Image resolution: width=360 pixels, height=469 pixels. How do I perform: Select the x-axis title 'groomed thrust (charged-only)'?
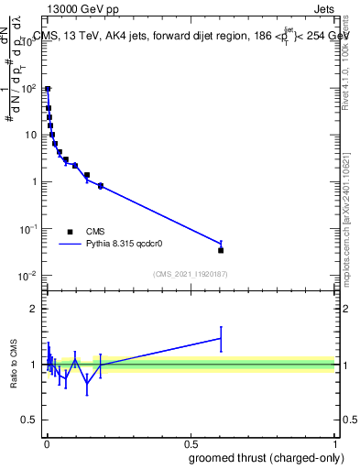tap(265, 458)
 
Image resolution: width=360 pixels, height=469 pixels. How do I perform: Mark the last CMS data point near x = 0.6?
tap(221, 250)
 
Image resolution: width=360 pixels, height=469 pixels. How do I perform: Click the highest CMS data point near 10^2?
tap(48, 90)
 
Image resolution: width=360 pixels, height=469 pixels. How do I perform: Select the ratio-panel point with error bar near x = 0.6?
tap(221, 338)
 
